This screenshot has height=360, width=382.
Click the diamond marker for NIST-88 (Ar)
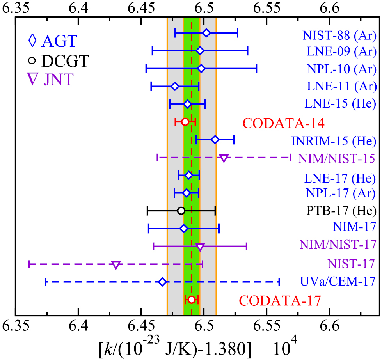[206, 33]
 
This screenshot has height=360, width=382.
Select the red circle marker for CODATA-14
[185, 122]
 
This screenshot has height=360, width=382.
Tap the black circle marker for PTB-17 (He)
[181, 211]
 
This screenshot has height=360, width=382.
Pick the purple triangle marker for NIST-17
[115, 265]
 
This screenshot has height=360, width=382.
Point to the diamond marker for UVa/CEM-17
[163, 282]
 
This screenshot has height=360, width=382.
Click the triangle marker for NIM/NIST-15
[224, 158]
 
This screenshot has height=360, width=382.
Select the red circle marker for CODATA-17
[192, 300]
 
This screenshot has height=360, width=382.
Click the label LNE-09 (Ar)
[339, 51]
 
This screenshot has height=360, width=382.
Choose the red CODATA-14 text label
[283, 123]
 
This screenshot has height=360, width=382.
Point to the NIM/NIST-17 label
[338, 245]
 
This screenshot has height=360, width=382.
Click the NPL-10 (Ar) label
[339, 69]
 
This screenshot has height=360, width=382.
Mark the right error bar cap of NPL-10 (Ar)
[256, 69]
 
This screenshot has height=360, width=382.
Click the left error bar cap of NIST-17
[29, 264]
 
